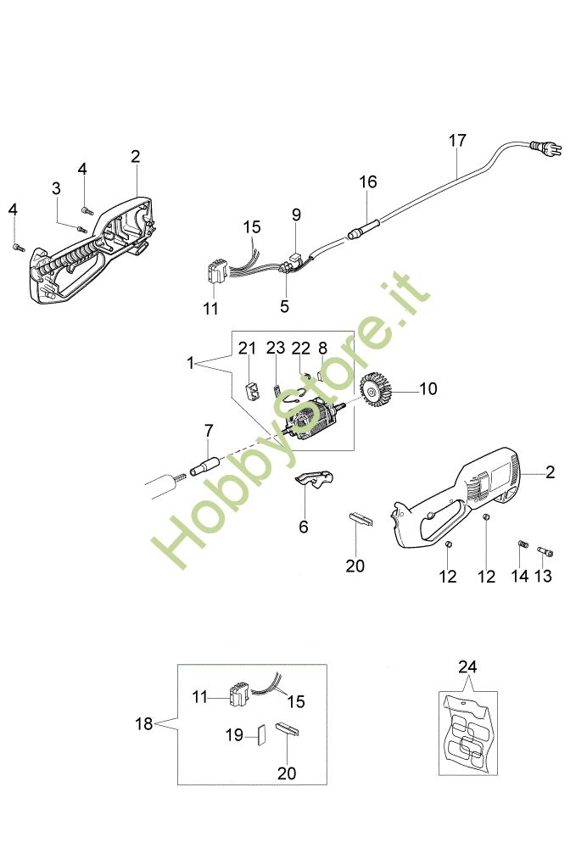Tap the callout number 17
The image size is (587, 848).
(x=457, y=141)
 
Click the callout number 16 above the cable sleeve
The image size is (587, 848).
(x=367, y=182)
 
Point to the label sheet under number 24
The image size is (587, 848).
(x=467, y=731)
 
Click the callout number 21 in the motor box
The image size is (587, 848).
(x=247, y=348)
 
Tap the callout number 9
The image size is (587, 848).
(x=296, y=215)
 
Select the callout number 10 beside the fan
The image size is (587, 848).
(x=428, y=388)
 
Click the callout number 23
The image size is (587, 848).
(x=276, y=348)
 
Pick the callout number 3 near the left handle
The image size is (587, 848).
(x=57, y=188)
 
